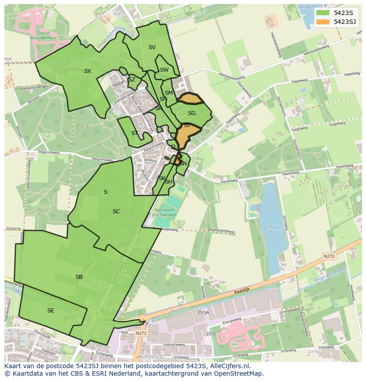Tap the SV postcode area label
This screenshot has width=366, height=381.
(152, 47)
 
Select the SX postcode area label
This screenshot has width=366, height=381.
(88, 71)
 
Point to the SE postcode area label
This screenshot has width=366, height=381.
(51, 311)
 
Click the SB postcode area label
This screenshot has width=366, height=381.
(79, 277)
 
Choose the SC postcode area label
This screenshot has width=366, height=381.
(116, 212)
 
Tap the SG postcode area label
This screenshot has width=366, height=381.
(191, 113)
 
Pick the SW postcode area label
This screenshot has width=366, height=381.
(164, 70)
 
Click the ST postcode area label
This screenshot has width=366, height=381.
(135, 133)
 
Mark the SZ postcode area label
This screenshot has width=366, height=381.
(131, 80)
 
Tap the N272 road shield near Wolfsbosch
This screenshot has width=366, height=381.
(141, 333)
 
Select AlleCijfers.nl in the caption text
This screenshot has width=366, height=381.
(229, 366)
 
